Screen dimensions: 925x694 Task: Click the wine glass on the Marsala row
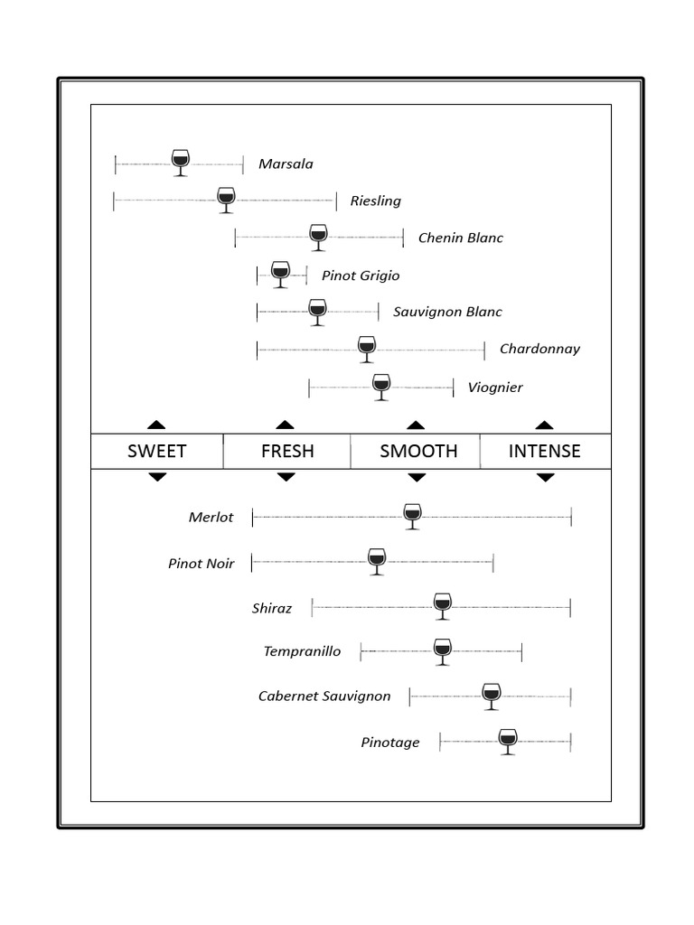click(180, 163)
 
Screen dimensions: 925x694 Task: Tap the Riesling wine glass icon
click(226, 200)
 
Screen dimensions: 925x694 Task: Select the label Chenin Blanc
click(460, 238)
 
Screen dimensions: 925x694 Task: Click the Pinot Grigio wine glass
click(280, 274)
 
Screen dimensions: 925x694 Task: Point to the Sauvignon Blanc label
click(447, 312)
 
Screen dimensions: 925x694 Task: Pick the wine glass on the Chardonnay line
click(366, 349)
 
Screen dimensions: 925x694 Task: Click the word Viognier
click(495, 388)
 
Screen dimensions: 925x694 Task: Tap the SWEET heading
click(157, 451)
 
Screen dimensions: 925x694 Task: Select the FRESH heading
click(287, 451)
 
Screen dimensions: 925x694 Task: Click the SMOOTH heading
click(418, 451)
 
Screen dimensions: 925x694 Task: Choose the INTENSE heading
click(545, 451)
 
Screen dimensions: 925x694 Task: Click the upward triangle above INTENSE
click(545, 425)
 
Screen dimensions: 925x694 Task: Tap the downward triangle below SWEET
click(157, 477)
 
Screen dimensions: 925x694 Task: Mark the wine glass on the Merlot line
click(412, 516)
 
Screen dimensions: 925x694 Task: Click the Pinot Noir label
click(202, 563)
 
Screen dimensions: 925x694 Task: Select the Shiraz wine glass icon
click(442, 605)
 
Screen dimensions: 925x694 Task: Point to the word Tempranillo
click(302, 650)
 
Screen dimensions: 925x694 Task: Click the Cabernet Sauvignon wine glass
click(491, 696)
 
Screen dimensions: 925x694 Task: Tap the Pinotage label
click(390, 743)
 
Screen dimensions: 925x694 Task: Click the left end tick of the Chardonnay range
click(258, 349)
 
